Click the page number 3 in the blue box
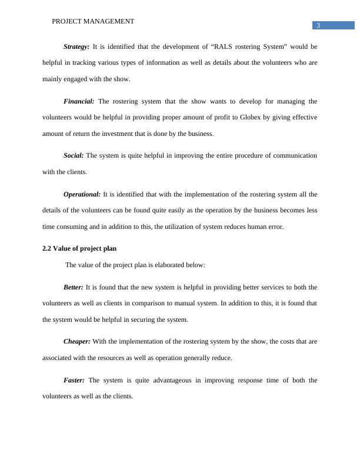(x=318, y=25)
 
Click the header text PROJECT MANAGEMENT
(x=93, y=21)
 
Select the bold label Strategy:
(x=76, y=46)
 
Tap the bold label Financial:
(x=79, y=101)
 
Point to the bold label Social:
(x=74, y=156)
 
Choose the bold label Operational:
(x=82, y=194)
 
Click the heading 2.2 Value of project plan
(x=84, y=248)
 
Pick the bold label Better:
(x=73, y=288)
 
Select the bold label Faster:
(x=74, y=381)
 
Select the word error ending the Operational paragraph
(x=275, y=227)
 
